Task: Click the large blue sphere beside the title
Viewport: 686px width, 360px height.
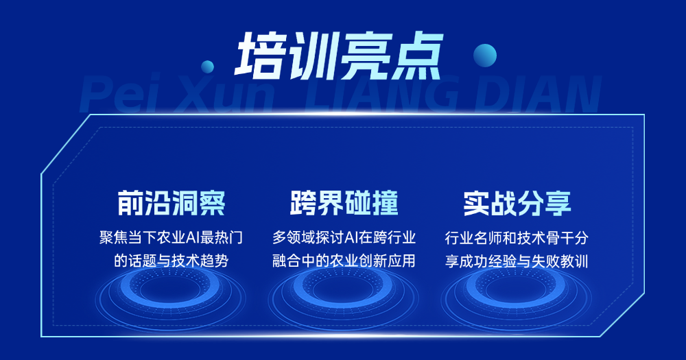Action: [x=485, y=55]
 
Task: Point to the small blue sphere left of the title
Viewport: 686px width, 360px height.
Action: [x=207, y=67]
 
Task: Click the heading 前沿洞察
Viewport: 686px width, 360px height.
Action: [x=171, y=204]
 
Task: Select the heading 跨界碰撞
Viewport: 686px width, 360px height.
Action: [x=344, y=204]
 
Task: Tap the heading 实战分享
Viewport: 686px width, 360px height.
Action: [x=517, y=204]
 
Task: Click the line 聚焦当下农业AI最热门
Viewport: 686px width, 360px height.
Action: [x=171, y=239]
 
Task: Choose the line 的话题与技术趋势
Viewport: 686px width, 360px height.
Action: [x=171, y=261]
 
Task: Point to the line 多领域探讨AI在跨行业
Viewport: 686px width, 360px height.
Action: [x=344, y=239]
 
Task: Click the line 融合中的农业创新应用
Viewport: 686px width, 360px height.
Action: [x=344, y=261]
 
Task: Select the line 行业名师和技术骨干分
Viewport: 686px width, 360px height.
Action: [x=517, y=239]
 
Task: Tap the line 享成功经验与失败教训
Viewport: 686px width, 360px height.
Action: [x=517, y=261]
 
